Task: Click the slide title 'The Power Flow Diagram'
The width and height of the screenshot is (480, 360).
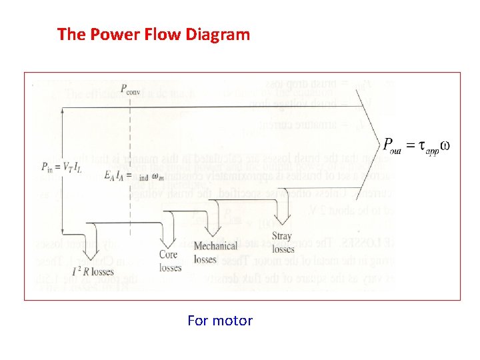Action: tap(153, 34)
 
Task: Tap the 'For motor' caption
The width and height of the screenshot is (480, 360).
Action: tap(220, 321)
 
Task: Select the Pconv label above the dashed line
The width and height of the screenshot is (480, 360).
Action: tap(131, 89)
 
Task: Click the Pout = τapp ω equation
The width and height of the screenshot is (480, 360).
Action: tap(416, 145)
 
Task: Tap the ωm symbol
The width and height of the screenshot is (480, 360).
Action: tap(157, 177)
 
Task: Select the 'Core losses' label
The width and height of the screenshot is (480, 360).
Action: tap(170, 261)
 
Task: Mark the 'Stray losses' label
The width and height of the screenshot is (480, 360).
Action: tap(283, 243)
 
